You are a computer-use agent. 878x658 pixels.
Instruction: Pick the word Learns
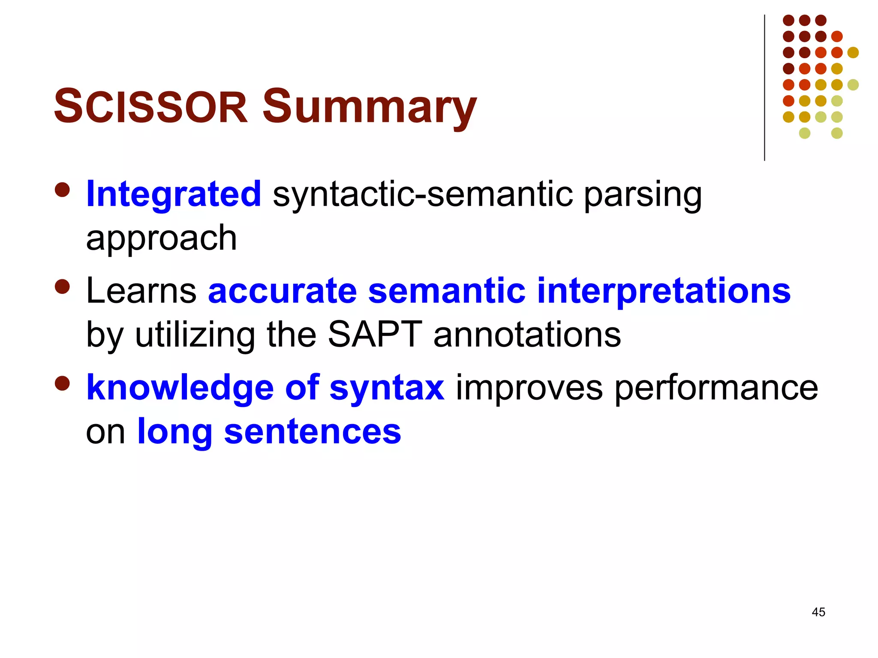(141, 291)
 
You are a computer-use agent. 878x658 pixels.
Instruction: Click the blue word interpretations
(663, 292)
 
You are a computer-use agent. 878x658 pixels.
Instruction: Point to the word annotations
(527, 335)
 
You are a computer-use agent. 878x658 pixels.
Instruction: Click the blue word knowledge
(180, 388)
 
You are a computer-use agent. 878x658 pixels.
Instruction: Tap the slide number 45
(818, 612)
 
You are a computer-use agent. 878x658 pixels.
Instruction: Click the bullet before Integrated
(63, 190)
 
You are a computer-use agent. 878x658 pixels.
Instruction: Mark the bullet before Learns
(63, 287)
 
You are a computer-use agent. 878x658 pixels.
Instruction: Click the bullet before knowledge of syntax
(63, 384)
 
